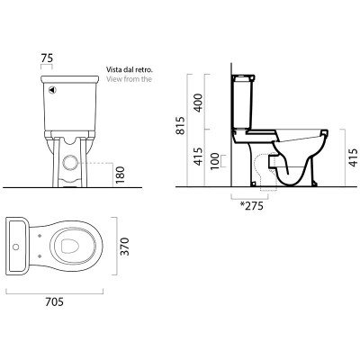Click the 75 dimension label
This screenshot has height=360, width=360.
[x=47, y=58]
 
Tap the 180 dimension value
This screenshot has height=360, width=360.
[x=120, y=175]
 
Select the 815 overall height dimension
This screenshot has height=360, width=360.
[x=180, y=125]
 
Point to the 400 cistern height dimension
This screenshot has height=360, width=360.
[x=198, y=103]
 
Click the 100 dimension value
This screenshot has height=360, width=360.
[x=214, y=161]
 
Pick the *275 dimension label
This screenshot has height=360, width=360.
[x=251, y=206]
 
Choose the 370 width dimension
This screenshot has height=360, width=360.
[x=124, y=247]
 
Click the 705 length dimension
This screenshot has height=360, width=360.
[x=55, y=301]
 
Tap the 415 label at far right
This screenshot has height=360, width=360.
[x=354, y=157]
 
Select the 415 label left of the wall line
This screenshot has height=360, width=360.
[x=198, y=157]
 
